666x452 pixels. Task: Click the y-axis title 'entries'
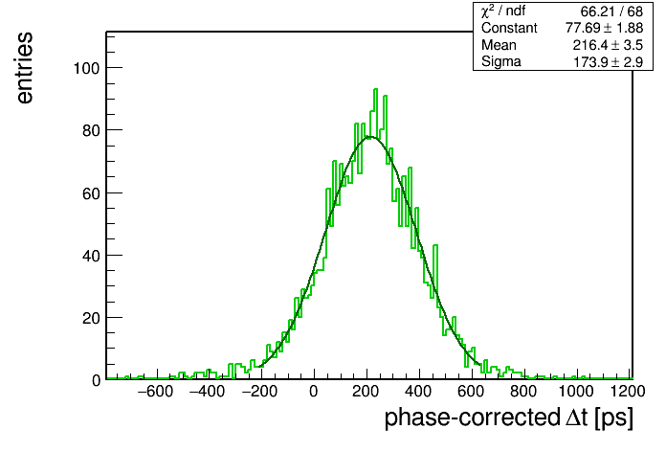tap(25, 68)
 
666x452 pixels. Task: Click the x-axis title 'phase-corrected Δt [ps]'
tap(508, 418)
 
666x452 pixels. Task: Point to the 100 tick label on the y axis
tap(87, 68)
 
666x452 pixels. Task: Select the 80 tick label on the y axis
tap(91, 130)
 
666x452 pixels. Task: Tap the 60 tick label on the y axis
tap(91, 193)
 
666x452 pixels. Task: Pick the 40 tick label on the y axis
tap(91, 256)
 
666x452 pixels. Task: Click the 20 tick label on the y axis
tap(91, 318)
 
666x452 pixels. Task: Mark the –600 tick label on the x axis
tap(155, 392)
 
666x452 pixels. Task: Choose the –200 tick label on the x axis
tap(259, 392)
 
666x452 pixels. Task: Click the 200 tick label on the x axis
tap(366, 392)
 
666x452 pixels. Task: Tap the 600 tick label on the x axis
tap(471, 392)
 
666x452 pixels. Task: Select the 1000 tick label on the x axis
tap(575, 392)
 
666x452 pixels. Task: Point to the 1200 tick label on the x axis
tap(628, 392)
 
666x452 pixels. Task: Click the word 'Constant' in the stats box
tap(509, 28)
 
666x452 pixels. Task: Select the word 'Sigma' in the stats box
tap(501, 62)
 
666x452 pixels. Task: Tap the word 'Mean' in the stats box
tap(499, 45)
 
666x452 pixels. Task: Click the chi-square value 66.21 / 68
tap(611, 11)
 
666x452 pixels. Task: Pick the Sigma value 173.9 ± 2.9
tap(609, 62)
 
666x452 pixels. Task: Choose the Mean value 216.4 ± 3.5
tap(608, 45)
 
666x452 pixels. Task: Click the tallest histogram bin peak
tap(375, 89)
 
